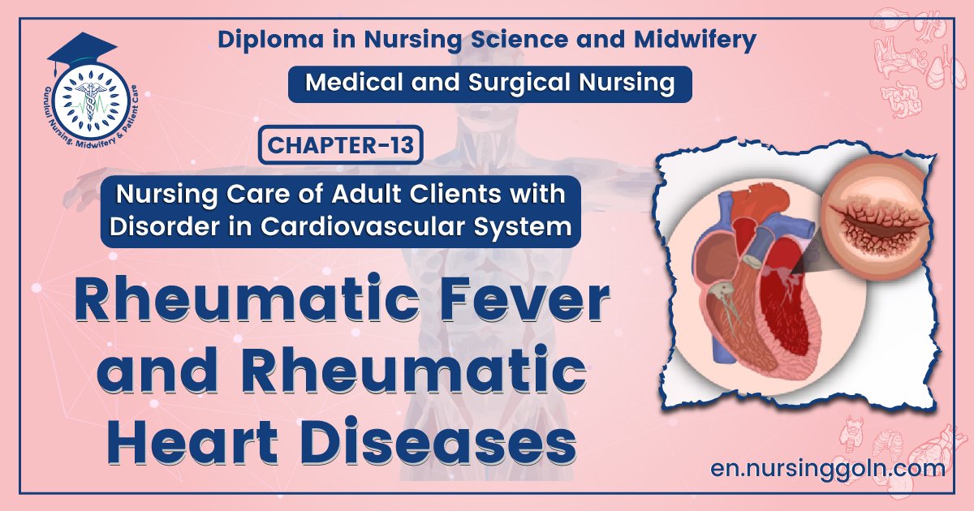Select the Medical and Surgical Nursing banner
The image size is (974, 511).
pos(489,84)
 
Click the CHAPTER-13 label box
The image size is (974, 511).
pos(340,147)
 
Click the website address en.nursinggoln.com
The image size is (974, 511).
pos(826,468)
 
